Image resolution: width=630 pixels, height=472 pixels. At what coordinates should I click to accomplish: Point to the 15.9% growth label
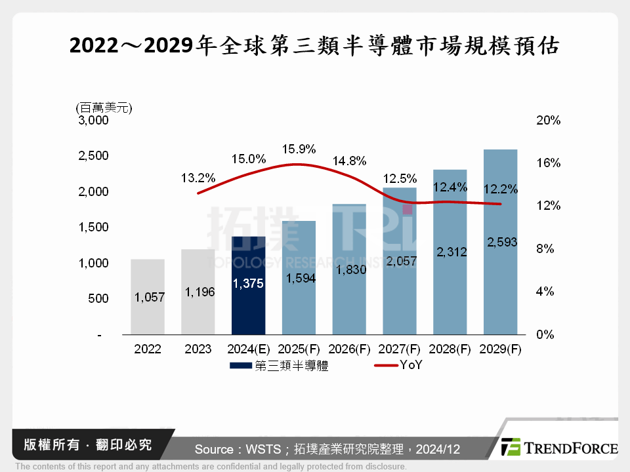(299, 149)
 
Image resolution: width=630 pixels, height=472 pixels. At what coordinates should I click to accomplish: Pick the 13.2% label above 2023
(198, 177)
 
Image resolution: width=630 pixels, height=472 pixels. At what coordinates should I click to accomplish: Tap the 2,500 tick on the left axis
(94, 156)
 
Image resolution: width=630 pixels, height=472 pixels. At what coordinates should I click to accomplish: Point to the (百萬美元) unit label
(104, 108)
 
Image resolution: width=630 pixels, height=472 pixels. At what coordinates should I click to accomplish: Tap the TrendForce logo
(559, 448)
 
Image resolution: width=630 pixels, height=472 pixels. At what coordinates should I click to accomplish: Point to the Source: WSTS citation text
(327, 449)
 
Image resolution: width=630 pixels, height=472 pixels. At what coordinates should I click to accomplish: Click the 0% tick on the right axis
(545, 334)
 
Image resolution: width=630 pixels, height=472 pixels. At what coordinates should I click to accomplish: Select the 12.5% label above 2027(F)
(399, 178)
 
